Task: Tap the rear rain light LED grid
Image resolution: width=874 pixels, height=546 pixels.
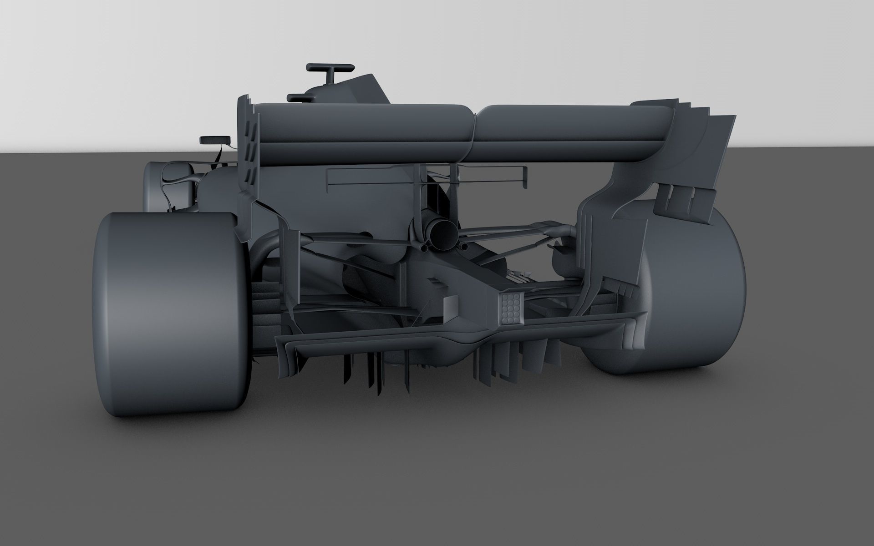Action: (511, 309)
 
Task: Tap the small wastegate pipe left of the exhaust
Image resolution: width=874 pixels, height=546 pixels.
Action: (424, 248)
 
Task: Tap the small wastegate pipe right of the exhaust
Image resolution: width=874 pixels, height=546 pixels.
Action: (464, 246)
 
